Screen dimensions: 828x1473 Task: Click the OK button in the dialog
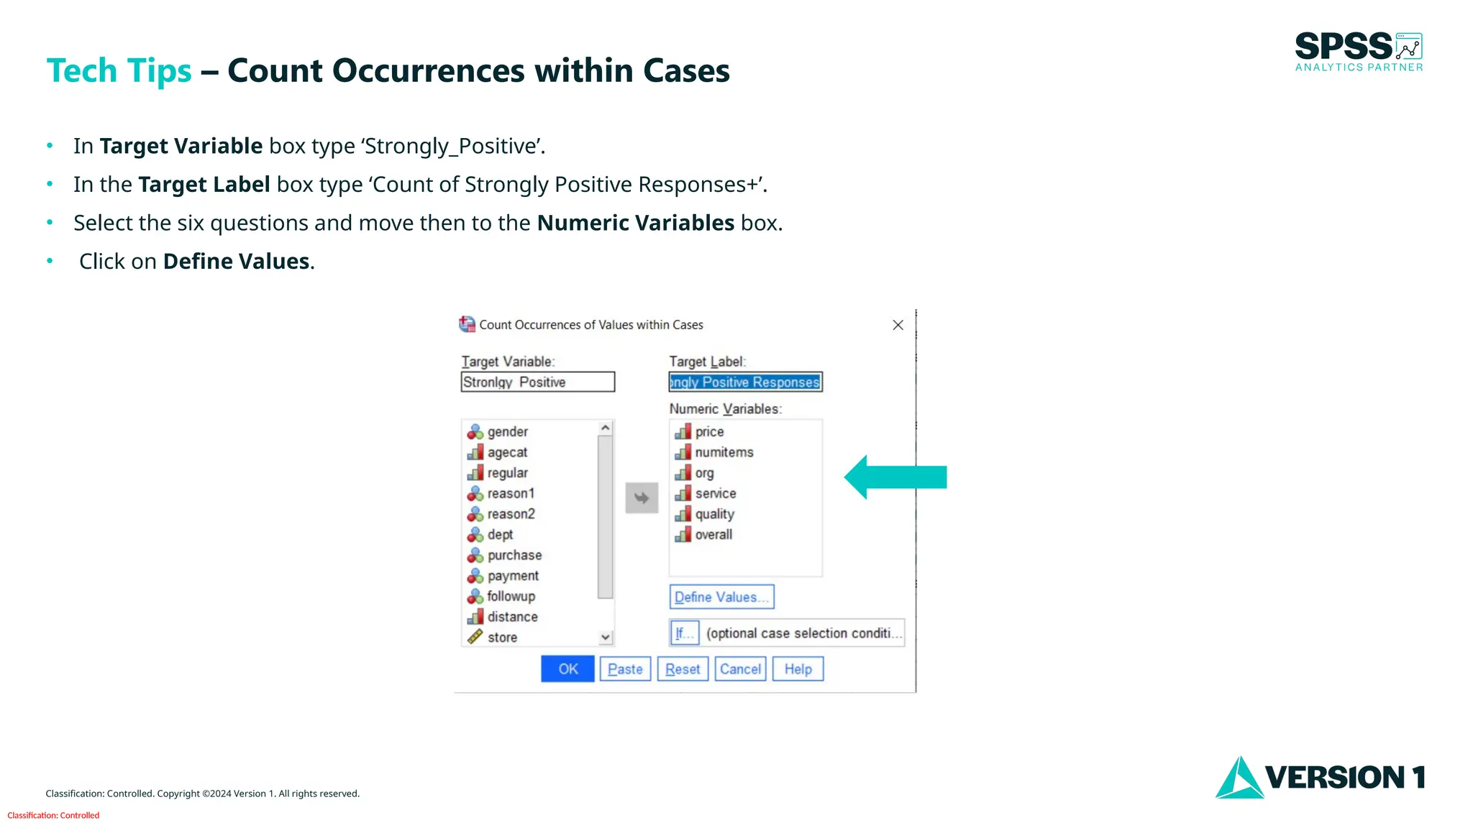567,669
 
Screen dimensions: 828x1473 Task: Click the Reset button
683,669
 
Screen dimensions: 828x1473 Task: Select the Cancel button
740,669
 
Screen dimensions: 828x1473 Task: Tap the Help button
798,669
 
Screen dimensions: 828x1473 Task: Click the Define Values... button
721,597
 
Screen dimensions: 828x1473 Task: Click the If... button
684,633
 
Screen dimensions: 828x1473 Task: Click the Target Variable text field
537,382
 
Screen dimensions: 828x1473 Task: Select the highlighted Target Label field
745,382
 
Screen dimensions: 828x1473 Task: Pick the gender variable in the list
507,432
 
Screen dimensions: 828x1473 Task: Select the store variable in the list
502,638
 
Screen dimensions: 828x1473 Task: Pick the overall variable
713,535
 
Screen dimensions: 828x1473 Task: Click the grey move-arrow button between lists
642,498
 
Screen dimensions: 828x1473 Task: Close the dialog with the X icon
898,326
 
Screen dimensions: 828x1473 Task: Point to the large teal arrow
895,477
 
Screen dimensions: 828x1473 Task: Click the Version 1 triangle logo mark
1239,778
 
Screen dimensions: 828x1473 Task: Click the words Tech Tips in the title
119,71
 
